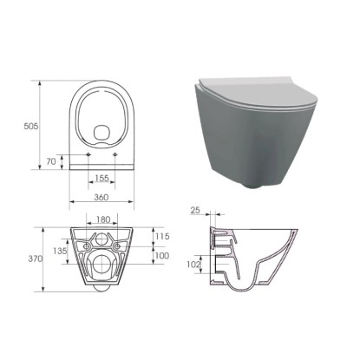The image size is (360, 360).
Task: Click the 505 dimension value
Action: (30, 126)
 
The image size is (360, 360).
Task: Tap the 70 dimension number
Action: (51, 161)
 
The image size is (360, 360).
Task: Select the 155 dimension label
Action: (101, 178)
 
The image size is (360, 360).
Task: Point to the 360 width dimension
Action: (101, 197)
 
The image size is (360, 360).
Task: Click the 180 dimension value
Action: (103, 219)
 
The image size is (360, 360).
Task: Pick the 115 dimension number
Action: (162, 237)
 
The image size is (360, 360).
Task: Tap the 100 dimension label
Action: (162, 256)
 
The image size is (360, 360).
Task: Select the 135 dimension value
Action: (60, 251)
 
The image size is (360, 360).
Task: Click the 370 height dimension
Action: (36, 259)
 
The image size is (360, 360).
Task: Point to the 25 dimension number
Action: (195, 210)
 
